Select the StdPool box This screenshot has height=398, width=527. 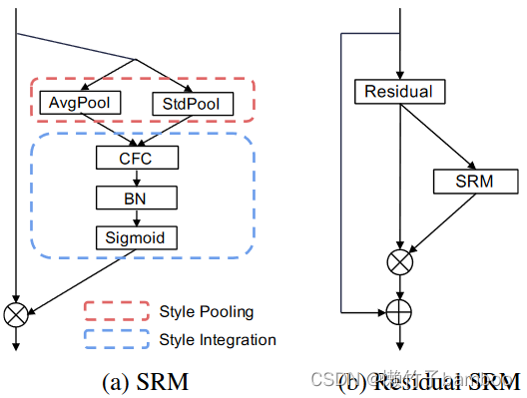pyautogui.click(x=193, y=103)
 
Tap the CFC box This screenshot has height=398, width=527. pyautogui.click(x=137, y=158)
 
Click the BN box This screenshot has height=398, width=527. pyautogui.click(x=137, y=198)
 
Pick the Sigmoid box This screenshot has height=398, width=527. pyautogui.click(x=137, y=237)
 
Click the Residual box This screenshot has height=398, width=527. pyautogui.click(x=398, y=92)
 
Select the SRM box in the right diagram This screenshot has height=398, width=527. pyautogui.click(x=475, y=181)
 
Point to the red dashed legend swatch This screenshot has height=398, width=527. pyautogui.click(x=114, y=311)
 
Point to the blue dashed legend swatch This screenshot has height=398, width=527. pyautogui.click(x=114, y=340)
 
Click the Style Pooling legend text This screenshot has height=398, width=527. pyautogui.click(x=206, y=311)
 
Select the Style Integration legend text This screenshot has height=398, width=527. pyautogui.click(x=218, y=340)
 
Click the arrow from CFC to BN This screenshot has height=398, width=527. pyautogui.click(x=137, y=178)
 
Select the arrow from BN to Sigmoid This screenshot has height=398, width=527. pyautogui.click(x=137, y=217)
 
